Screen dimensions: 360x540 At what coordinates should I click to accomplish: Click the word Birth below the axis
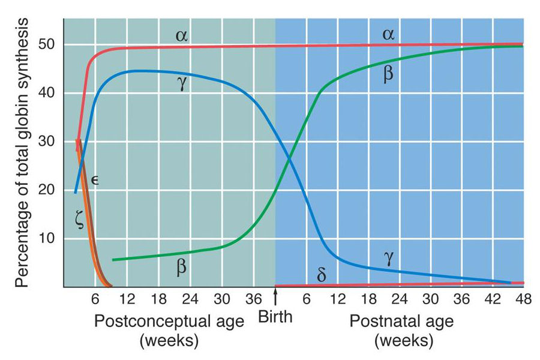pos(275,316)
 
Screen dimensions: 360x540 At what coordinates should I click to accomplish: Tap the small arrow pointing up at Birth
pos(275,295)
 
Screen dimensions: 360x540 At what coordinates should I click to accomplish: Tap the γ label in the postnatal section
pos(389,256)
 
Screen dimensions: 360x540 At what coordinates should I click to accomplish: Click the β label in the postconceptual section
pos(181,266)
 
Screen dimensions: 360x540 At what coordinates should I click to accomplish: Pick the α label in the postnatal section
pos(388,35)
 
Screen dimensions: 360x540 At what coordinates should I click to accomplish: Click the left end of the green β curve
pos(113,260)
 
